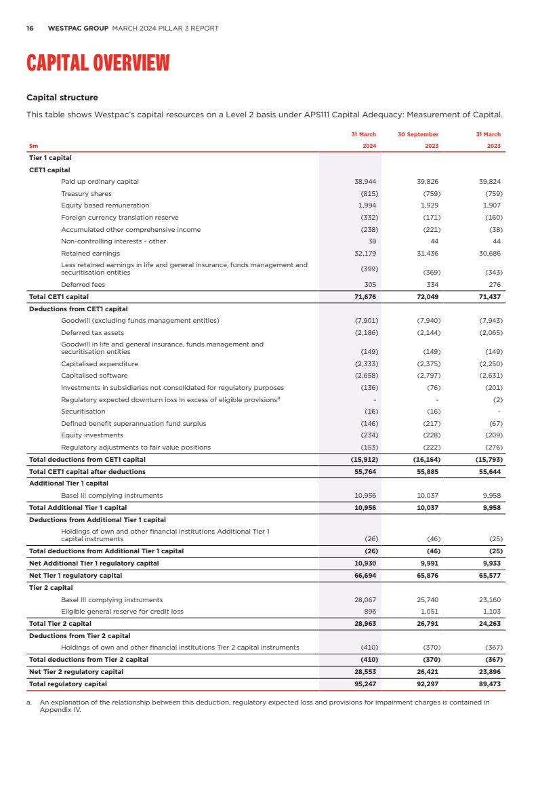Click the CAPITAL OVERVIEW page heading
click(98, 63)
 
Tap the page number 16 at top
click(30, 28)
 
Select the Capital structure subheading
click(62, 98)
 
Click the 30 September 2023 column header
click(419, 140)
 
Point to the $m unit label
click(33, 146)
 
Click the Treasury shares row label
click(86, 194)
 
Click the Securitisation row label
click(83, 412)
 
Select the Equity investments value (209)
click(491, 435)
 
